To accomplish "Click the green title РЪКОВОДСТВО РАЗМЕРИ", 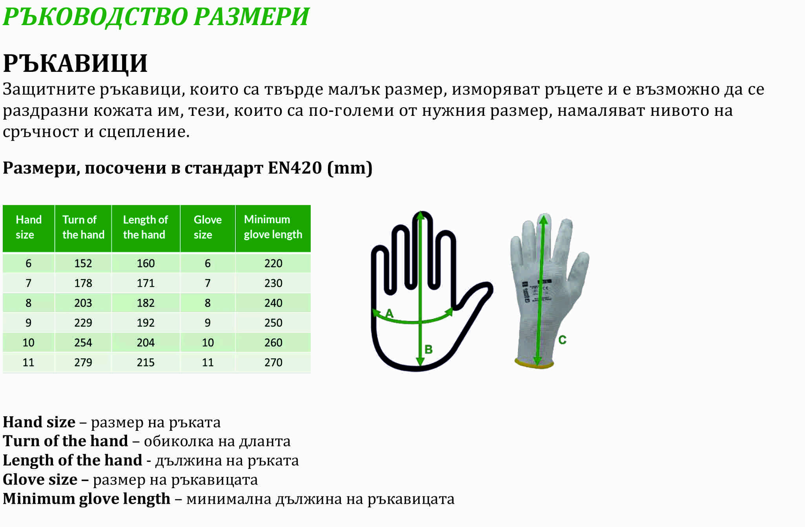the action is [x=156, y=16].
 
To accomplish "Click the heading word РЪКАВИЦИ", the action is [x=75, y=64].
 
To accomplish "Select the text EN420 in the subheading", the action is [x=295, y=168].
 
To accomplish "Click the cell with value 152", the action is [x=83, y=263].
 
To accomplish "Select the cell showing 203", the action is [x=83, y=303].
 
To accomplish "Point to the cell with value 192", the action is [x=146, y=323].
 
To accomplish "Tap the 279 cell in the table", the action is [x=83, y=362].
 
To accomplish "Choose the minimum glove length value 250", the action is [x=273, y=323].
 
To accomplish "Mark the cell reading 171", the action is [x=146, y=283].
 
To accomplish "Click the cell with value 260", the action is [x=273, y=342].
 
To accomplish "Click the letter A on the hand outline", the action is [x=389, y=313].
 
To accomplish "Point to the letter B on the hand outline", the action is [x=428, y=349].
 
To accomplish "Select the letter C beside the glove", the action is [x=562, y=340].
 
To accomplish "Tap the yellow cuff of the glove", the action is [x=534, y=364].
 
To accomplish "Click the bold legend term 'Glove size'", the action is [x=40, y=479].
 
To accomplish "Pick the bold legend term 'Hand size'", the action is [x=39, y=422].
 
